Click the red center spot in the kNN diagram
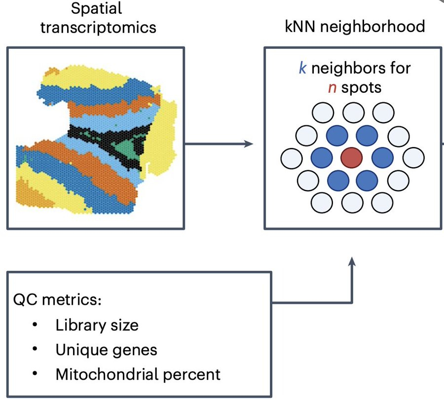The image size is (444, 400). point(352,158)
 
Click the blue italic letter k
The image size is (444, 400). point(302,68)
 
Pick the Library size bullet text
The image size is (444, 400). point(97,325)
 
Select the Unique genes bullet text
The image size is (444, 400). point(106,350)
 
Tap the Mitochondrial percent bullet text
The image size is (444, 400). point(138,374)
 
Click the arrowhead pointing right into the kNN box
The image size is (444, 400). point(248,144)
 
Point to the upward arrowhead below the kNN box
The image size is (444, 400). point(352,261)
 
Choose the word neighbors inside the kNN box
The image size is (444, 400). point(347,68)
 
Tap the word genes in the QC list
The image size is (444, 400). point(137,350)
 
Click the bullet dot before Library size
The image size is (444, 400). point(35,325)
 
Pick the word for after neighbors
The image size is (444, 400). point(399,68)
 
